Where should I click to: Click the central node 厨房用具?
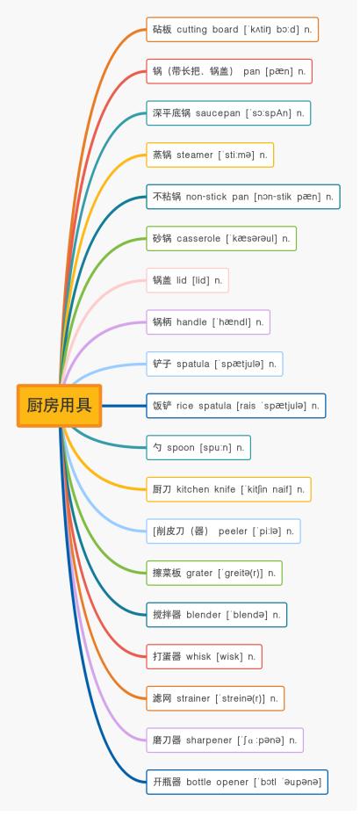[60, 406]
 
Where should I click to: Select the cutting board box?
[232, 29]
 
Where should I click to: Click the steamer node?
[210, 155]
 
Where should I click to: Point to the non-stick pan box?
[243, 197]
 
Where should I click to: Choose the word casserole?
[198, 239]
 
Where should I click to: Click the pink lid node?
[187, 280]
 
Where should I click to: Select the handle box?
[208, 322]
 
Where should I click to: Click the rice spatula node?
[235, 406]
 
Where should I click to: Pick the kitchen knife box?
[228, 489]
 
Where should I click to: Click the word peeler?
[233, 531]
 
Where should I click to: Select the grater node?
[214, 573]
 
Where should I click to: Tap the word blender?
[204, 615]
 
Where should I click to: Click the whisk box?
[204, 657]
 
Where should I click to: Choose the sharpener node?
[225, 740]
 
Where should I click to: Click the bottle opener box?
[237, 782]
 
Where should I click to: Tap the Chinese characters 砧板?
[162, 30]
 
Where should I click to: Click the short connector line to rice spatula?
[124, 406]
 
